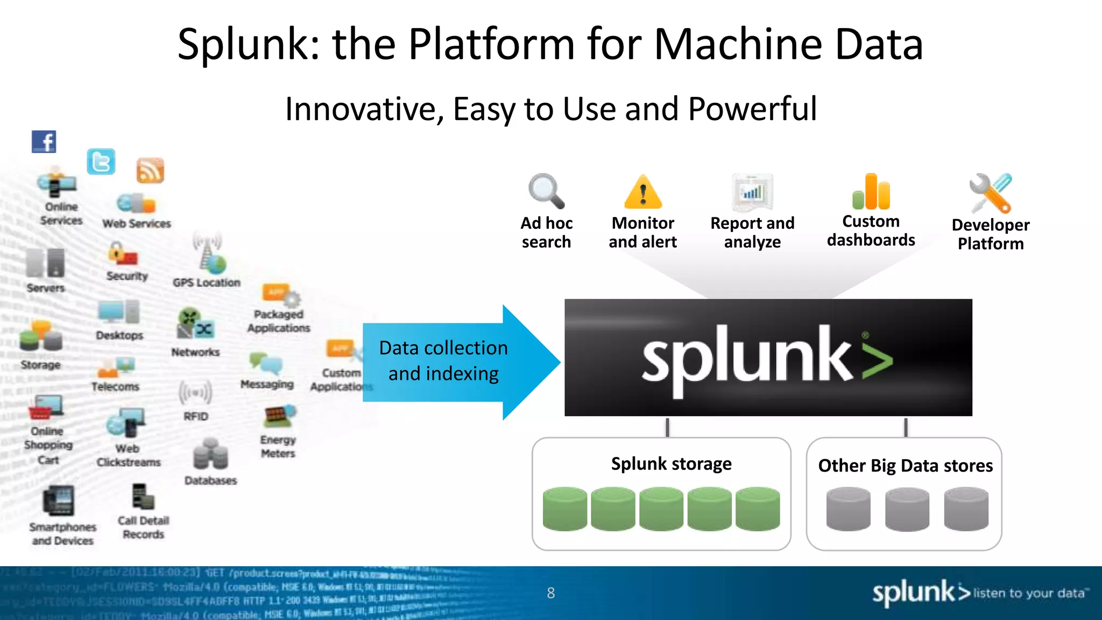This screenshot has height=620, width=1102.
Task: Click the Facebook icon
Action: (x=44, y=142)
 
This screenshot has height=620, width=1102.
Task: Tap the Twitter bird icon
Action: (x=101, y=161)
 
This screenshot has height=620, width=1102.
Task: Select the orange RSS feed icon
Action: (x=150, y=171)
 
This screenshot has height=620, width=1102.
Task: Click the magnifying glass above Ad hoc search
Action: (x=546, y=191)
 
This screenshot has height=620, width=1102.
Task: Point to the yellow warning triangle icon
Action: (x=642, y=193)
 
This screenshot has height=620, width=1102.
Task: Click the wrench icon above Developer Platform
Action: (x=990, y=193)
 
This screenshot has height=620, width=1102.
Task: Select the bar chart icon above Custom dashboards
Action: (x=871, y=192)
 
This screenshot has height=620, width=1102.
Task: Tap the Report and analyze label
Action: (x=752, y=232)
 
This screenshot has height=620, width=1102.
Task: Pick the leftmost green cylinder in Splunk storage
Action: (x=564, y=509)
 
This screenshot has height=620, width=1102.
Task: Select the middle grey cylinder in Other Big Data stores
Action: (x=907, y=509)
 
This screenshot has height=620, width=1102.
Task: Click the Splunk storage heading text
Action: (x=671, y=463)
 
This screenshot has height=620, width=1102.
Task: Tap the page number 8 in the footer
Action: (x=550, y=593)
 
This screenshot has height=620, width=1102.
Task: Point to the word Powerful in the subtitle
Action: (x=752, y=109)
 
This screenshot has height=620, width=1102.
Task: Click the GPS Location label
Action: (x=207, y=283)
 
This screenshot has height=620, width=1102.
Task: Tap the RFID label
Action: (x=195, y=417)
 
